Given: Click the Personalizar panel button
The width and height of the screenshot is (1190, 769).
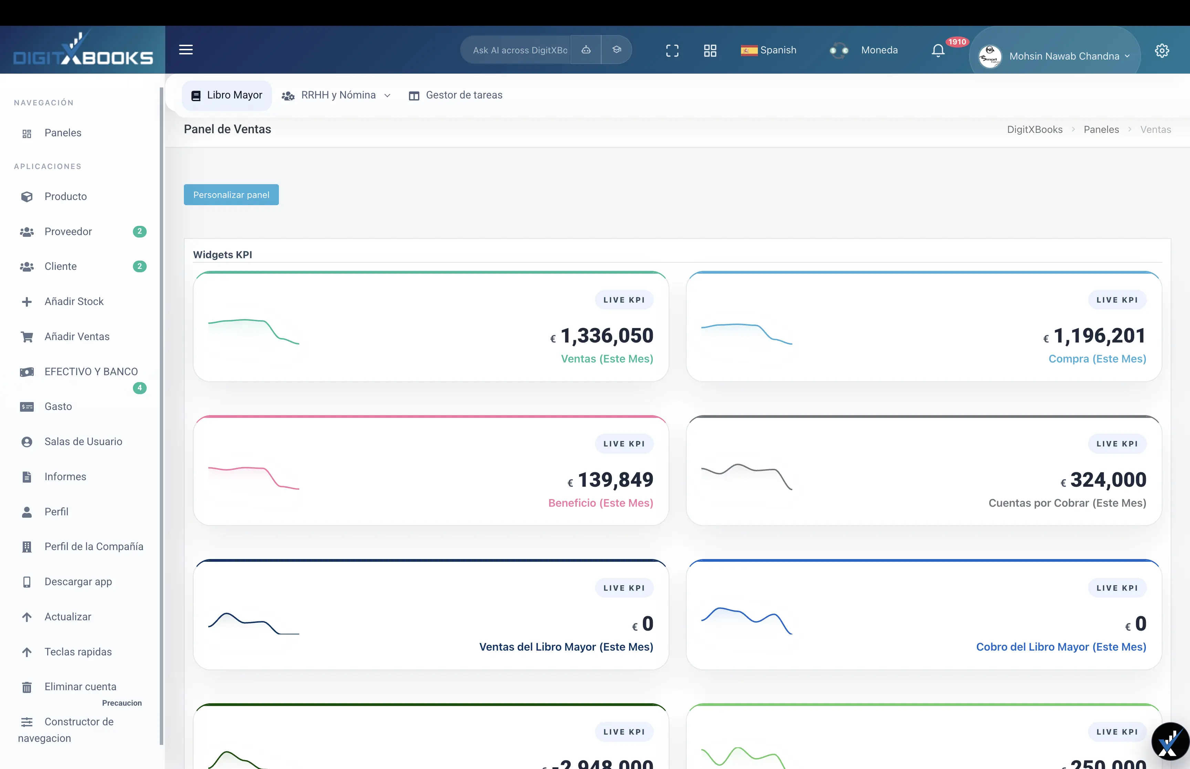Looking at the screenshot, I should tap(231, 195).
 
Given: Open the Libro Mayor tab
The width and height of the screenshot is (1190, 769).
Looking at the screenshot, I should tap(227, 95).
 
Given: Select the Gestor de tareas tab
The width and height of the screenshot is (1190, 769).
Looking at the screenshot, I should tap(456, 95).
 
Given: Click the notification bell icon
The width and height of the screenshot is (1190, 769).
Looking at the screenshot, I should tap(938, 51).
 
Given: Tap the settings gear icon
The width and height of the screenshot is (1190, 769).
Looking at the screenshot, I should tap(1161, 51).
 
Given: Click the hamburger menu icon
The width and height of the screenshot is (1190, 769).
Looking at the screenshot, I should tap(186, 50).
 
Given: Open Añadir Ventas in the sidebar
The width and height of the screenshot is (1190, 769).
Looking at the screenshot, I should tap(77, 337).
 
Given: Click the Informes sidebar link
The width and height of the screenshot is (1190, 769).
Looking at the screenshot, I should tap(65, 477).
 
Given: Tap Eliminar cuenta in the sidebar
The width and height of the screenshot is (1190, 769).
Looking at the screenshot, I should tap(80, 687).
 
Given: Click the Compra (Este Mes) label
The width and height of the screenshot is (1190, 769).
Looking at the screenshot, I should tap(1097, 359).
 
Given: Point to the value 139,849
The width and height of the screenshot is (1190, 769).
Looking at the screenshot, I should tap(615, 480).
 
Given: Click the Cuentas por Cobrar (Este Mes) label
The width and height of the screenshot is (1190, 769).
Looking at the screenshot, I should tap(1067, 503).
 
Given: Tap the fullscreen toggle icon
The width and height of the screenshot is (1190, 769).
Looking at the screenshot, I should tap(672, 51).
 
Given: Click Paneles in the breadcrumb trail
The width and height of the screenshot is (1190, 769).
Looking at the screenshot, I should tap(1100, 130).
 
